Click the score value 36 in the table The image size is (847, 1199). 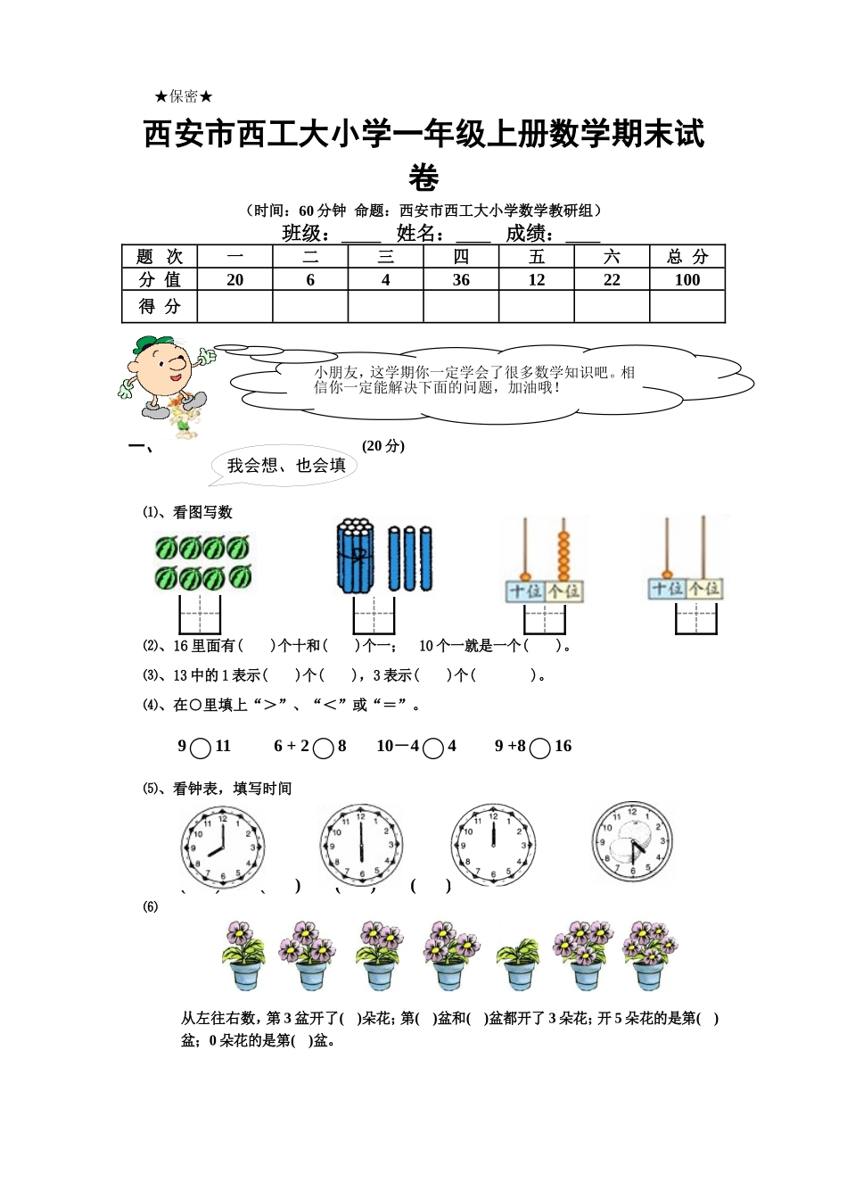[x=461, y=280]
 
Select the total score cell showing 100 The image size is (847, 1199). [x=687, y=280]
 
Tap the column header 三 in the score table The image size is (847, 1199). [x=385, y=257]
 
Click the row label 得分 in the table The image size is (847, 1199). [x=160, y=307]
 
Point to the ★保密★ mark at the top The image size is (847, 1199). [x=184, y=96]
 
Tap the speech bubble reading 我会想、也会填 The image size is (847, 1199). [x=285, y=466]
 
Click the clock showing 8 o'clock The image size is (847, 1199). [x=223, y=846]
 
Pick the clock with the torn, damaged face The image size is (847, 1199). [x=632, y=842]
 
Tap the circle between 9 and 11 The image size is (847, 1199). [x=201, y=748]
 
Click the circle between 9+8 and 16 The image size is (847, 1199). [x=539, y=748]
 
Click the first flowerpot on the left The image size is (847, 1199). [x=243, y=956]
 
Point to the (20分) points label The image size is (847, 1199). [x=383, y=446]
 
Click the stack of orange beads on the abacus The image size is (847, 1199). [x=563, y=556]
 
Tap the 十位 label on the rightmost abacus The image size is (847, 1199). [x=667, y=589]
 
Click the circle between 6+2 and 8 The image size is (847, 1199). [x=324, y=748]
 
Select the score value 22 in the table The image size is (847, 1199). [x=612, y=280]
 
